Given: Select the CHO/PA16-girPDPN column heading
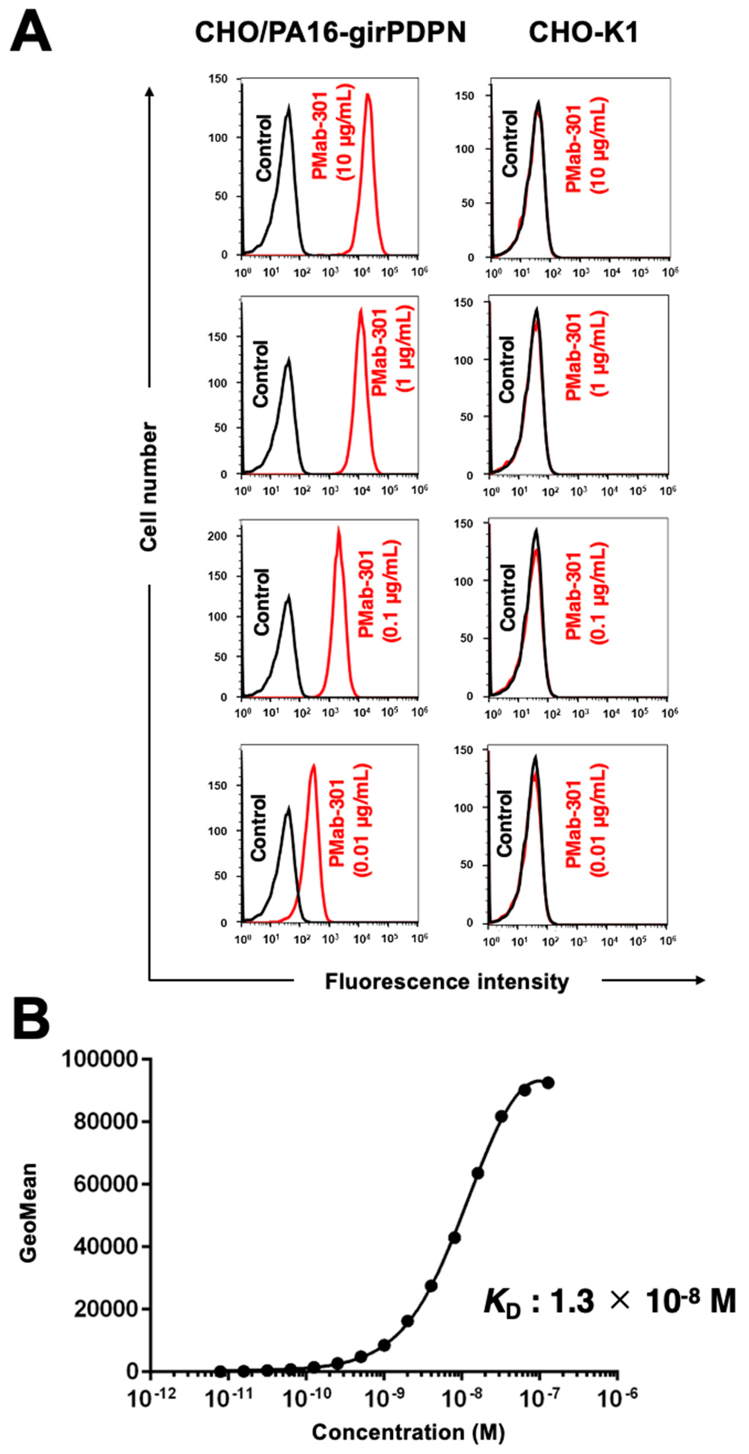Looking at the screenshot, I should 330,33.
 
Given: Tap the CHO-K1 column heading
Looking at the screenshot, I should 583,33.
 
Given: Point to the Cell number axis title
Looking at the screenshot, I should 148,487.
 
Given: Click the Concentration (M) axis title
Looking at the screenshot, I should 408,1432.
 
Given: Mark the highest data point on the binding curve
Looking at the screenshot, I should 548,1083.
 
